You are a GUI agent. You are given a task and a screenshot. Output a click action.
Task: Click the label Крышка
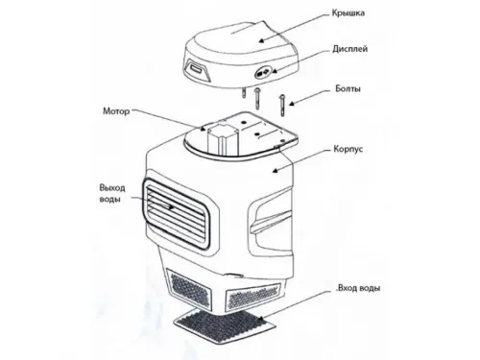click(x=348, y=13)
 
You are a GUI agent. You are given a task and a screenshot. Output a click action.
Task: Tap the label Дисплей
click(x=349, y=49)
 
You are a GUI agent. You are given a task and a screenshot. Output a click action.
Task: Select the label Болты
click(x=348, y=88)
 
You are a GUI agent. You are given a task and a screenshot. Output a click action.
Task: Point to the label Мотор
click(x=116, y=111)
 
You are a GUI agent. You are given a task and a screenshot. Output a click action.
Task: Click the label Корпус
click(x=348, y=149)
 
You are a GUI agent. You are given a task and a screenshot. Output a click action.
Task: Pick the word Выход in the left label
click(x=112, y=187)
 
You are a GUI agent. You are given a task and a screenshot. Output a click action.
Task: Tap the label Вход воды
click(x=359, y=288)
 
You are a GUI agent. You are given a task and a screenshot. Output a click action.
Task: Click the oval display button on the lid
click(x=262, y=73)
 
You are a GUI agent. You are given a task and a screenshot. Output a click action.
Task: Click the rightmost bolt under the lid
click(x=282, y=105)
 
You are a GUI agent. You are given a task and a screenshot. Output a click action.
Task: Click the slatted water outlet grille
click(x=176, y=213)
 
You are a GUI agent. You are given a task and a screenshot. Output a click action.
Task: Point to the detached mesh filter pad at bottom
click(x=225, y=324)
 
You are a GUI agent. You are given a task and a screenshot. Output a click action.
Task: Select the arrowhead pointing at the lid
click(x=261, y=40)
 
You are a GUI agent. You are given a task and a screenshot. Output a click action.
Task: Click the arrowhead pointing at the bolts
click(x=292, y=103)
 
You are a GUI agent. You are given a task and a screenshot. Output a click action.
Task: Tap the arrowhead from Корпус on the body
click(x=275, y=171)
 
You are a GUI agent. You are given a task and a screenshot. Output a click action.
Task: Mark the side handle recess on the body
click(x=271, y=220)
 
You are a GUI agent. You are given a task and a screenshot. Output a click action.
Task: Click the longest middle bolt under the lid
click(x=257, y=99)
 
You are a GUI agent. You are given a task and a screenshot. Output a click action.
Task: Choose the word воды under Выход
click(x=109, y=199)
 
